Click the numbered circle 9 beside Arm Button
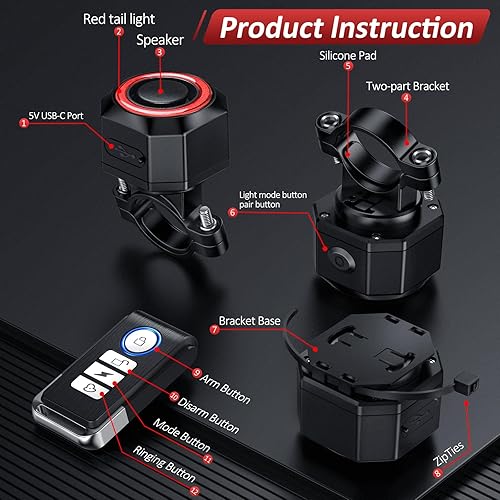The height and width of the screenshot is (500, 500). point(197,372)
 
